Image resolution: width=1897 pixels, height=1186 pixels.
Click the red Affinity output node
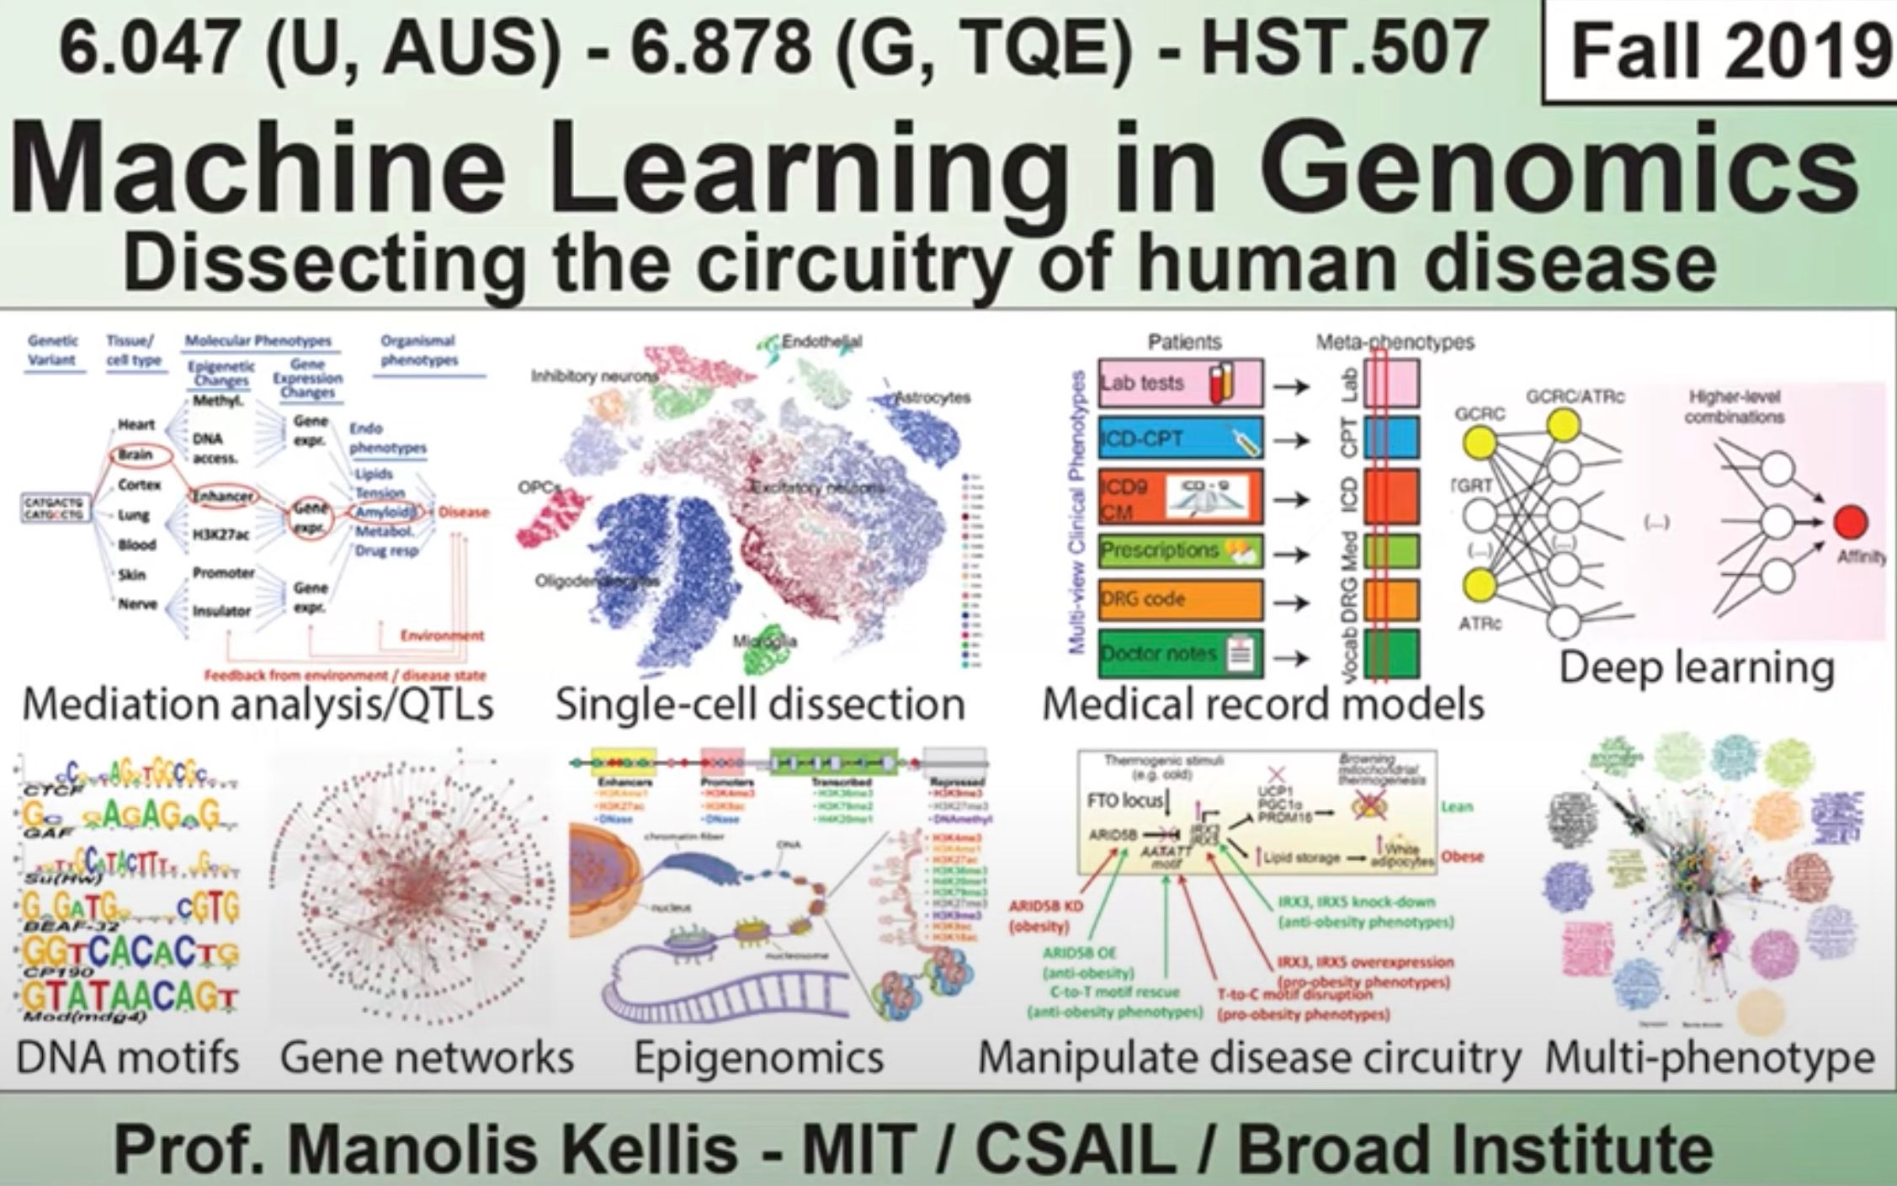pos(1851,523)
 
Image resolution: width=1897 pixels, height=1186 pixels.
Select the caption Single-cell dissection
pos(759,705)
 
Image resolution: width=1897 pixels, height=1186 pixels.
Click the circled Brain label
pos(135,455)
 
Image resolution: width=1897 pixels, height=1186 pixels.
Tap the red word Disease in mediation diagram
pos(463,512)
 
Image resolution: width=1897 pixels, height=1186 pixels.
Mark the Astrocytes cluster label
pos(933,397)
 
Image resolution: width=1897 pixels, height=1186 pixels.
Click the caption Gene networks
pos(427,1058)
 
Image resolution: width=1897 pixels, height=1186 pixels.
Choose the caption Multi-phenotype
pos(1709,1058)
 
